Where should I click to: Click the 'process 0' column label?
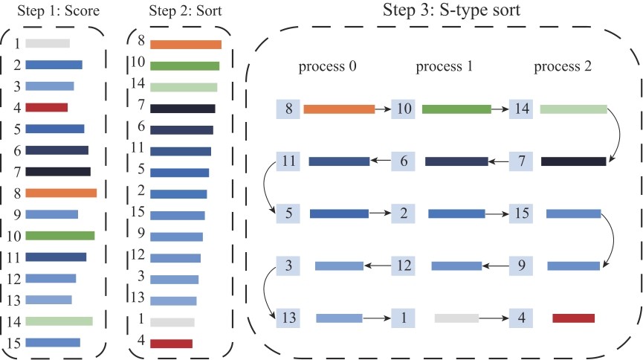(328, 66)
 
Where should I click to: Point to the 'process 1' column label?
(444, 66)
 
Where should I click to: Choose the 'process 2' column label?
(563, 66)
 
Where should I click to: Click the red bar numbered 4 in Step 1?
(47, 107)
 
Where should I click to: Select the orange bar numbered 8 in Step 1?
(61, 193)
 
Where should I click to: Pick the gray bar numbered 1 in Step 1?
(48, 44)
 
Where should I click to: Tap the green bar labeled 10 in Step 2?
(185, 65)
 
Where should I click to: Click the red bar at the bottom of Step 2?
(171, 344)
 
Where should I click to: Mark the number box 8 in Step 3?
(288, 109)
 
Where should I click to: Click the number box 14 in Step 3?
(521, 109)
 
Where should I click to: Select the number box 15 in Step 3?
(521, 213)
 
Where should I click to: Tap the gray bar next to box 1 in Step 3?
(456, 318)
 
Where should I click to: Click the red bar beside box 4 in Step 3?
(573, 318)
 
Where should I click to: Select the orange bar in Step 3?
(339, 109)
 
